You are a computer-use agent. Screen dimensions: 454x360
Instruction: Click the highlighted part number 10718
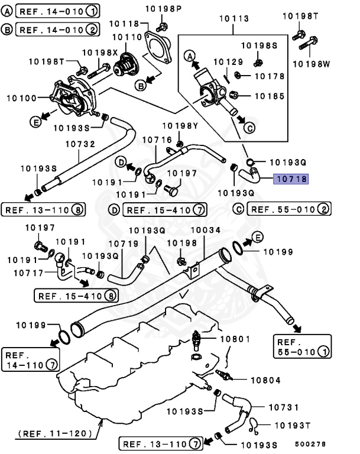290,177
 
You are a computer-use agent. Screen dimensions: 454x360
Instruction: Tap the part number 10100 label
21,97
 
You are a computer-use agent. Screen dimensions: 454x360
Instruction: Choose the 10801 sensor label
235,339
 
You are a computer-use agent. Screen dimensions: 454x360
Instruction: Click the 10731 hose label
283,407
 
